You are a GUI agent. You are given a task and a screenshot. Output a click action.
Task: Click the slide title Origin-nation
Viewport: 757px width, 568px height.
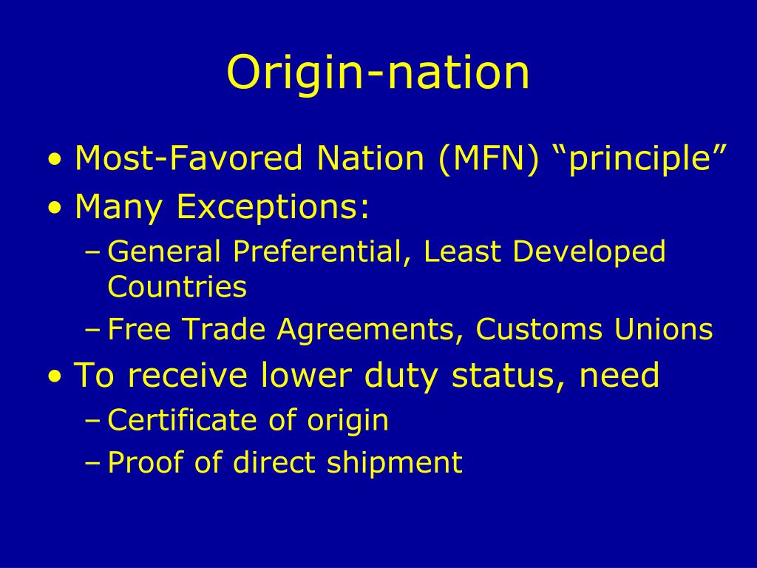[x=378, y=72]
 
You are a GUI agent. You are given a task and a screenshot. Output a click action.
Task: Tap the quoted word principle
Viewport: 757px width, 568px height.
[x=641, y=158]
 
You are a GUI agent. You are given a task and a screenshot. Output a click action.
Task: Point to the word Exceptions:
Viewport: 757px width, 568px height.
[x=273, y=208]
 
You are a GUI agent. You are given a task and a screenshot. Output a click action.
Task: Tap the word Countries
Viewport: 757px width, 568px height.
[x=177, y=286]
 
